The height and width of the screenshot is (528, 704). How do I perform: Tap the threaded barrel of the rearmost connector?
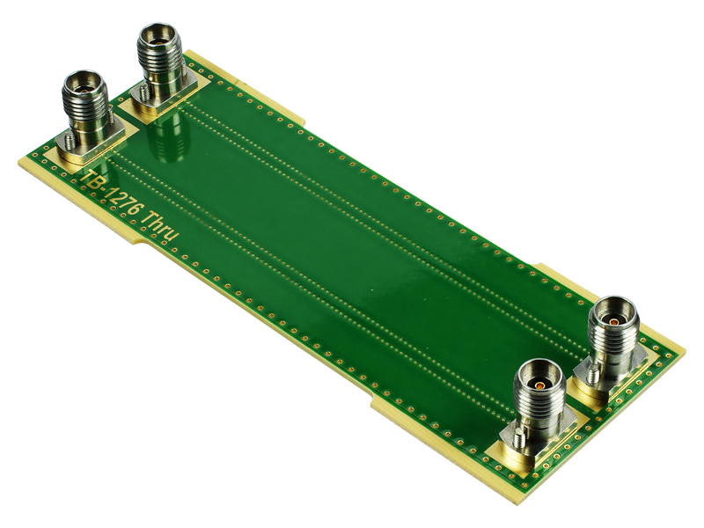pyautogui.click(x=161, y=57)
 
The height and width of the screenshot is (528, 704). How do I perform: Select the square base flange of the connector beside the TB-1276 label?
pyautogui.click(x=92, y=146)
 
